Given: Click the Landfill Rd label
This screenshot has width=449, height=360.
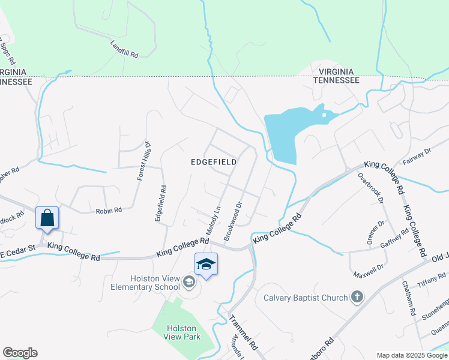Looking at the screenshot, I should (124, 49).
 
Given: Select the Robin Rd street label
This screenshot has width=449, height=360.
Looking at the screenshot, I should (109, 211).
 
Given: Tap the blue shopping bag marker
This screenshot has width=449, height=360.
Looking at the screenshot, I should (47, 218).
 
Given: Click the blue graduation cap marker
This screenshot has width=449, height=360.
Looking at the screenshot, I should (206, 265).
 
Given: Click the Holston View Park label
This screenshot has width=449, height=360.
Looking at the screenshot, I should (182, 333).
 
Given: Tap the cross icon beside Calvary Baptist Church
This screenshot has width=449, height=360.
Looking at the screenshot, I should (357, 297).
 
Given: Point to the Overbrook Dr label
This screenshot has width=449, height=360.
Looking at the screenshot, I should (370, 188).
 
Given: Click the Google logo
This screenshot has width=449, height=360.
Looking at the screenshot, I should (20, 353).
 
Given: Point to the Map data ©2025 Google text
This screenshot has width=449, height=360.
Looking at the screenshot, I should (412, 355).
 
